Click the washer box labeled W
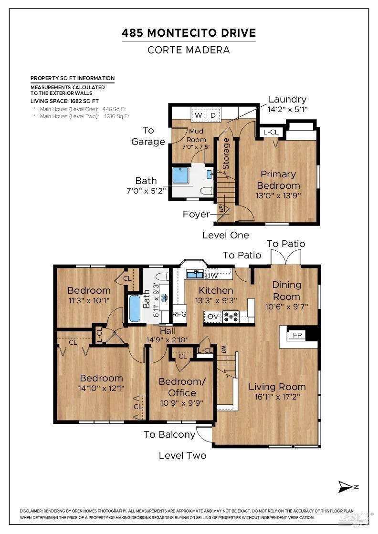click(198, 115)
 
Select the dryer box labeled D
click(213, 115)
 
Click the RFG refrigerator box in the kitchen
click(179, 314)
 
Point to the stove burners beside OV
click(231, 316)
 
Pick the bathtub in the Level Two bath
click(135, 308)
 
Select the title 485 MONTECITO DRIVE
click(189, 33)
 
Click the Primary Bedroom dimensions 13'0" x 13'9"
click(278, 195)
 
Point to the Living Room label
click(277, 387)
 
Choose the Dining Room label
click(287, 290)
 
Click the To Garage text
click(148, 136)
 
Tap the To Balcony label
click(169, 434)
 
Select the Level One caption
click(225, 235)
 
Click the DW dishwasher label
click(211, 276)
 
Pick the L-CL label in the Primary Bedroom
click(271, 132)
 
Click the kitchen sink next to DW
click(195, 274)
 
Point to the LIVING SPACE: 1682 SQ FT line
click(64, 101)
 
